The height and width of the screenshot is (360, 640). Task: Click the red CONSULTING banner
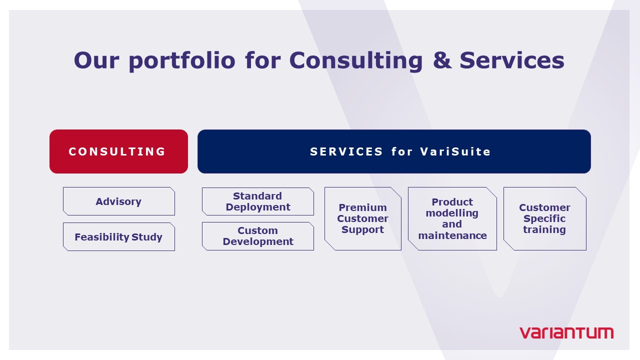pyautogui.click(x=118, y=151)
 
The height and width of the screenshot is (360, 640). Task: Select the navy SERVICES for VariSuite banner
pyautogui.click(x=394, y=151)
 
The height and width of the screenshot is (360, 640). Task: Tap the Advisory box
pyautogui.click(x=119, y=201)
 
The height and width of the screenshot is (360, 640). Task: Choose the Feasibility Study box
pyautogui.click(x=119, y=237)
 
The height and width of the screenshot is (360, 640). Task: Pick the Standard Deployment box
pyautogui.click(x=257, y=201)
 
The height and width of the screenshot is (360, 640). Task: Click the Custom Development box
pyautogui.click(x=257, y=236)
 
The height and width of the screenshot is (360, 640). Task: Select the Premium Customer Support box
pyautogui.click(x=363, y=218)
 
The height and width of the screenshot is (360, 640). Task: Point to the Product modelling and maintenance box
pyautogui.click(x=452, y=218)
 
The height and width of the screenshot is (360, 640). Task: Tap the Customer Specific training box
pyautogui.click(x=545, y=218)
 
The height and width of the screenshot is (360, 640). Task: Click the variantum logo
pyautogui.click(x=566, y=333)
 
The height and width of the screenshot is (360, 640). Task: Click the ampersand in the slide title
pyautogui.click(x=442, y=60)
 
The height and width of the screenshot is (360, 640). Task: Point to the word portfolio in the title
pyautogui.click(x=182, y=61)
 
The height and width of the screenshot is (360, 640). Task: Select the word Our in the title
pyautogui.click(x=96, y=60)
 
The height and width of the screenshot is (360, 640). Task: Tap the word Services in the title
pyautogui.click(x=512, y=60)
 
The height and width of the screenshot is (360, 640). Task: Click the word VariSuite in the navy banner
pyautogui.click(x=455, y=151)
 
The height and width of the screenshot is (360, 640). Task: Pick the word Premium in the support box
pyautogui.click(x=363, y=207)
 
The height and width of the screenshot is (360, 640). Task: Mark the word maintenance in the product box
pyautogui.click(x=452, y=235)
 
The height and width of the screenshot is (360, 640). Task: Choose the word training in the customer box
pyautogui.click(x=544, y=230)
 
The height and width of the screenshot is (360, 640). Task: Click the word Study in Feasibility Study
pyautogui.click(x=147, y=237)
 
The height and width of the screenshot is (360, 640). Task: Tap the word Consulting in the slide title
pyautogui.click(x=356, y=61)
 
